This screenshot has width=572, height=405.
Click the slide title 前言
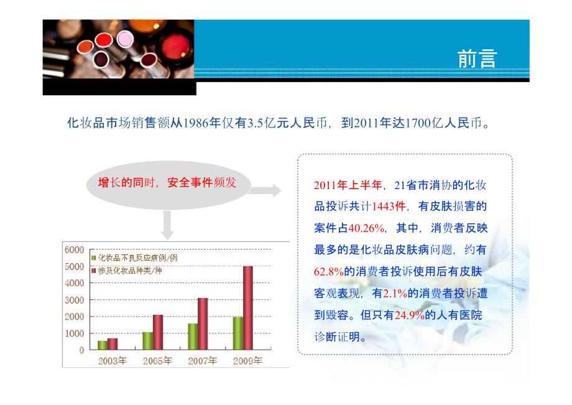[x=477, y=58]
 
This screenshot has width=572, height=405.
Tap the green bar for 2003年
[x=103, y=345]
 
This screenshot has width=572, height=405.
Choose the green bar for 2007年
[x=193, y=336]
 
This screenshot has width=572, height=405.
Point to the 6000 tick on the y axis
[x=74, y=249]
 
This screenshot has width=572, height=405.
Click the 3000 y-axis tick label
[x=74, y=299]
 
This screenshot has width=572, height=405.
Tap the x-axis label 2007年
[x=202, y=360]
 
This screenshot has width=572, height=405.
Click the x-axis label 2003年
[x=113, y=360]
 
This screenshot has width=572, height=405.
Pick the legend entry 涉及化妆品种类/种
[x=130, y=271]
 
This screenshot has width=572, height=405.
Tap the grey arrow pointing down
[x=167, y=225]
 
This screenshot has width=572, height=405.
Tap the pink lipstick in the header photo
[x=125, y=39]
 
